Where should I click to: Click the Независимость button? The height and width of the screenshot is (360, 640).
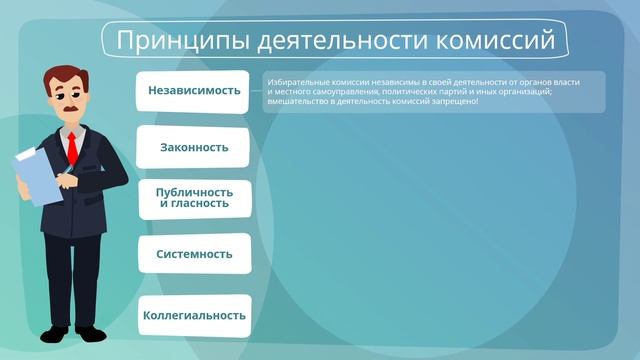(193, 90)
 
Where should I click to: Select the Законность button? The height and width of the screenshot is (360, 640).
(193, 147)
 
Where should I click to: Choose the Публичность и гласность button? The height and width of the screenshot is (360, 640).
(193, 197)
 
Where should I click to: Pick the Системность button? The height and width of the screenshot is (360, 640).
(193, 254)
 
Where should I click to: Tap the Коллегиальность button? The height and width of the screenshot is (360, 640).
(193, 315)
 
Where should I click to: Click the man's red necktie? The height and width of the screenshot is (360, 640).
(72, 148)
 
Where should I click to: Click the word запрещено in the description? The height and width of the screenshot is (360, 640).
(451, 101)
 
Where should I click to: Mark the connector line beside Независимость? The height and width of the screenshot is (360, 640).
(257, 91)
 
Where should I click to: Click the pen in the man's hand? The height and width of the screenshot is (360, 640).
(64, 176)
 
